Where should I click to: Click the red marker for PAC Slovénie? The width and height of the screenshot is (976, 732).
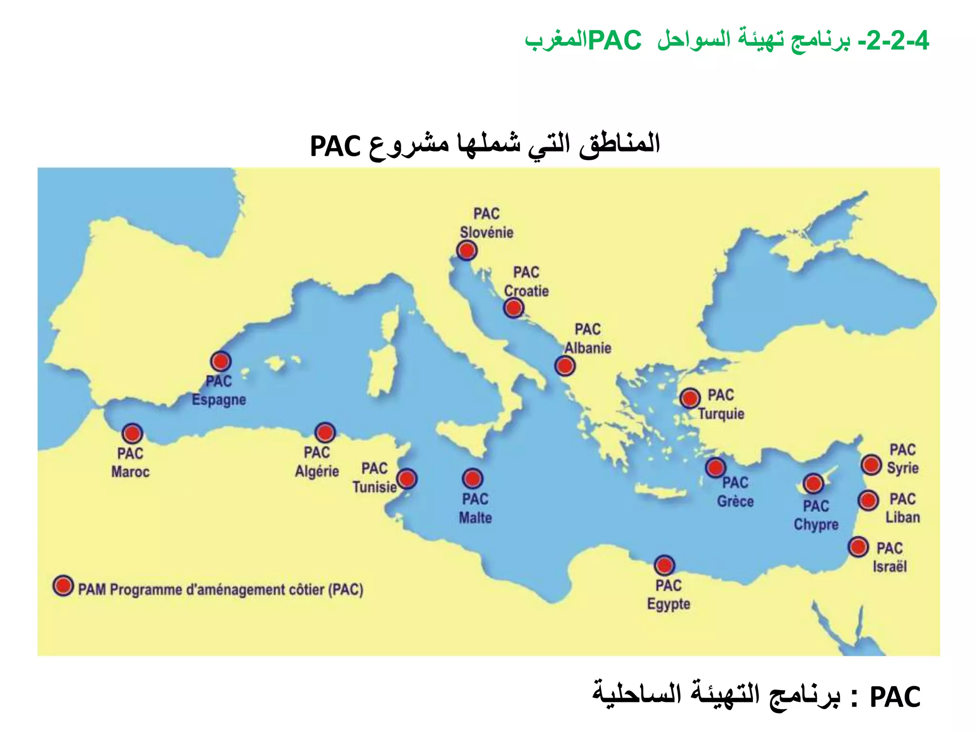(467, 250)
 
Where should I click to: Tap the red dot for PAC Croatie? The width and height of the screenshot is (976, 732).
(513, 308)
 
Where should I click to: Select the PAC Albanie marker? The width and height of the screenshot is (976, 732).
(565, 366)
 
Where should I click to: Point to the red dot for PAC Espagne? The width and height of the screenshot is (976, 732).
(221, 361)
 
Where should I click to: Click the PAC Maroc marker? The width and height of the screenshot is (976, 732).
(132, 434)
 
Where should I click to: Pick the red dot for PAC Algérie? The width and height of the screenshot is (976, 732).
(325, 433)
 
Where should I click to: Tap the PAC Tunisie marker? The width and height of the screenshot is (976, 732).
(407, 478)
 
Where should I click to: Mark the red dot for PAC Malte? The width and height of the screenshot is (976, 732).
(472, 478)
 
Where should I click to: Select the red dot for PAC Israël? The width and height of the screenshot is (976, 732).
(858, 547)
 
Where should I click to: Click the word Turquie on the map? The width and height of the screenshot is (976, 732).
(721, 414)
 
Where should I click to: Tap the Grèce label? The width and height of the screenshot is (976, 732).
(735, 501)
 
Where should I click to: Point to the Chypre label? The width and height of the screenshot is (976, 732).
(816, 525)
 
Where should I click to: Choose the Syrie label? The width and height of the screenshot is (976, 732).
(903, 468)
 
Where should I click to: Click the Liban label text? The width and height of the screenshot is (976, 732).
(903, 518)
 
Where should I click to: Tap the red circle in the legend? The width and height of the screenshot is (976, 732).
(63, 586)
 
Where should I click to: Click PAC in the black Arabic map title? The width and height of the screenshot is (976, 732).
(335, 146)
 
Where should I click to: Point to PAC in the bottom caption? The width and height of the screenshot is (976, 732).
(895, 698)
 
